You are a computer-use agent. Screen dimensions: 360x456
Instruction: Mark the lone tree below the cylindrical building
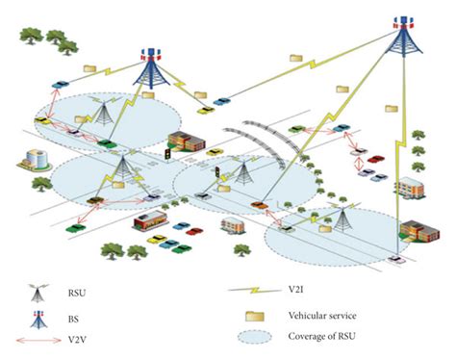(39, 184)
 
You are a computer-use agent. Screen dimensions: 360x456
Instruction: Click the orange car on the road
(258, 205)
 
